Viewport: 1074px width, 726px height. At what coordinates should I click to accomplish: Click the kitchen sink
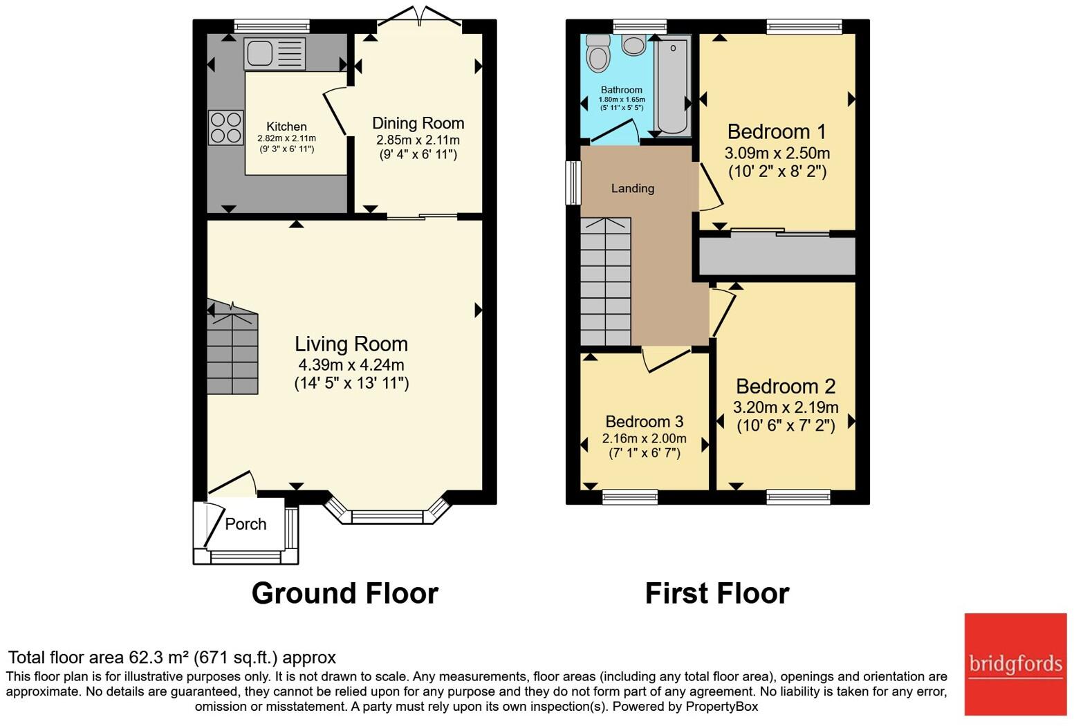pyautogui.click(x=275, y=53)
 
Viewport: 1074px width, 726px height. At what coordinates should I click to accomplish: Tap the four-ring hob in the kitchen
pyautogui.click(x=226, y=127)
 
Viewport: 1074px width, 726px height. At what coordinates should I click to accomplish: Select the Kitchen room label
pyautogui.click(x=287, y=127)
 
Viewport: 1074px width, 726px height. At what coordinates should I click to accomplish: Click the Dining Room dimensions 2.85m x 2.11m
pyautogui.click(x=418, y=140)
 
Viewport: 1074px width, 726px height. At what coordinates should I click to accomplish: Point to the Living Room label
pyautogui.click(x=351, y=344)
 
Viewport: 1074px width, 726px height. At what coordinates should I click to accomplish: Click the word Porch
pyautogui.click(x=246, y=524)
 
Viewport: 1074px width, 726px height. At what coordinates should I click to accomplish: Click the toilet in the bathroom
pyautogui.click(x=598, y=54)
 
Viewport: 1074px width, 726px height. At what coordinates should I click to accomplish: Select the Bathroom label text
pyautogui.click(x=622, y=90)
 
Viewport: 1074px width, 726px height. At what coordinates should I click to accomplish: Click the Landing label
pyautogui.click(x=633, y=189)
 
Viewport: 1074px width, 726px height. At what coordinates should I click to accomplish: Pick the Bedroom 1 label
pyautogui.click(x=777, y=131)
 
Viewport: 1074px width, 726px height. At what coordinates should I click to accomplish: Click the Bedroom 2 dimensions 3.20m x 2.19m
pyautogui.click(x=786, y=407)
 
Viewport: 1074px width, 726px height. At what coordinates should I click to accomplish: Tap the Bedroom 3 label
pyautogui.click(x=645, y=422)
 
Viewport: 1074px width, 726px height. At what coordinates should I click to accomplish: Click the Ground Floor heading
pyautogui.click(x=345, y=594)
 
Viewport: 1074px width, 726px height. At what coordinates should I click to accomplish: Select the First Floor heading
pyautogui.click(x=717, y=594)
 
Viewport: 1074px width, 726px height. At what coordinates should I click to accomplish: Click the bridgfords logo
pyautogui.click(x=1015, y=664)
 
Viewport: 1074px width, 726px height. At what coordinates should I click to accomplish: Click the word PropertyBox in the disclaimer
pyautogui.click(x=722, y=707)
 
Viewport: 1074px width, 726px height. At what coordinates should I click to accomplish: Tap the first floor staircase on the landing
pyautogui.click(x=606, y=281)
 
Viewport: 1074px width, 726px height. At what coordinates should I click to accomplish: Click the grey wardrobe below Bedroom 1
pyautogui.click(x=778, y=256)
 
